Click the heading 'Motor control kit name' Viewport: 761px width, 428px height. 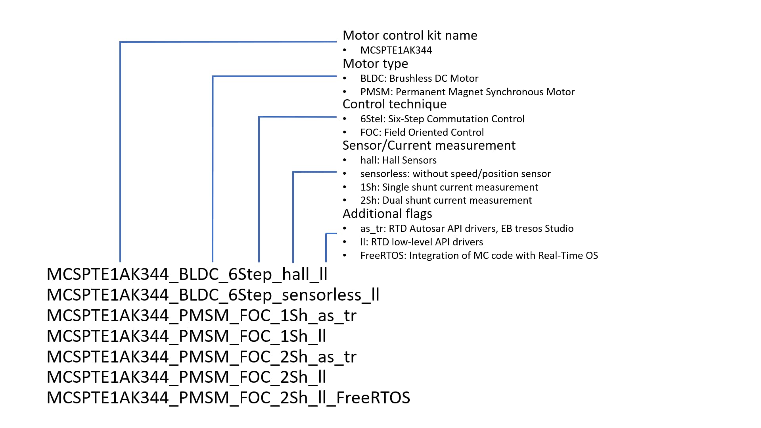410,35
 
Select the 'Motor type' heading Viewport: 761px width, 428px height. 375,64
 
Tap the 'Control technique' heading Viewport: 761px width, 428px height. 394,104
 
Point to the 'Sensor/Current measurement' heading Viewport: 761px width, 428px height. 429,145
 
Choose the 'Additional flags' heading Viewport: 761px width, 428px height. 387,214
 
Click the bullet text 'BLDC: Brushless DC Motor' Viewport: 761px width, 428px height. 419,78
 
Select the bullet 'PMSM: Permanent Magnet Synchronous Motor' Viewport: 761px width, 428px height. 467,92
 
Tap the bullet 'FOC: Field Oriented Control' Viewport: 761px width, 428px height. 422,132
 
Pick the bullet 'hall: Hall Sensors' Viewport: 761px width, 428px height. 398,160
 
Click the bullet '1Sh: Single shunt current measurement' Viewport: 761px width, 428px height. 449,187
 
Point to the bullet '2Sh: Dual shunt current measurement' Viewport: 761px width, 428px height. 446,200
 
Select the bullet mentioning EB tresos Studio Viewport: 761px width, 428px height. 467,228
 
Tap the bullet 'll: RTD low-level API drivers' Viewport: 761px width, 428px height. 422,242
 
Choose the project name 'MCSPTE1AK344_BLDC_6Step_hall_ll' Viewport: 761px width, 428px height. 187,274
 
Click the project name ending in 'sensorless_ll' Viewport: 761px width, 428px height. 213,295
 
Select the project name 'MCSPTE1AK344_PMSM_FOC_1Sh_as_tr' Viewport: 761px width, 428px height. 201,316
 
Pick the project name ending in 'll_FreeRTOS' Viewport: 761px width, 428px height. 228,397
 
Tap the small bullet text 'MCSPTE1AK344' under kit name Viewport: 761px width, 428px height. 396,50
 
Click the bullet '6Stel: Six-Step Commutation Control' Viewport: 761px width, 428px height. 442,119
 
